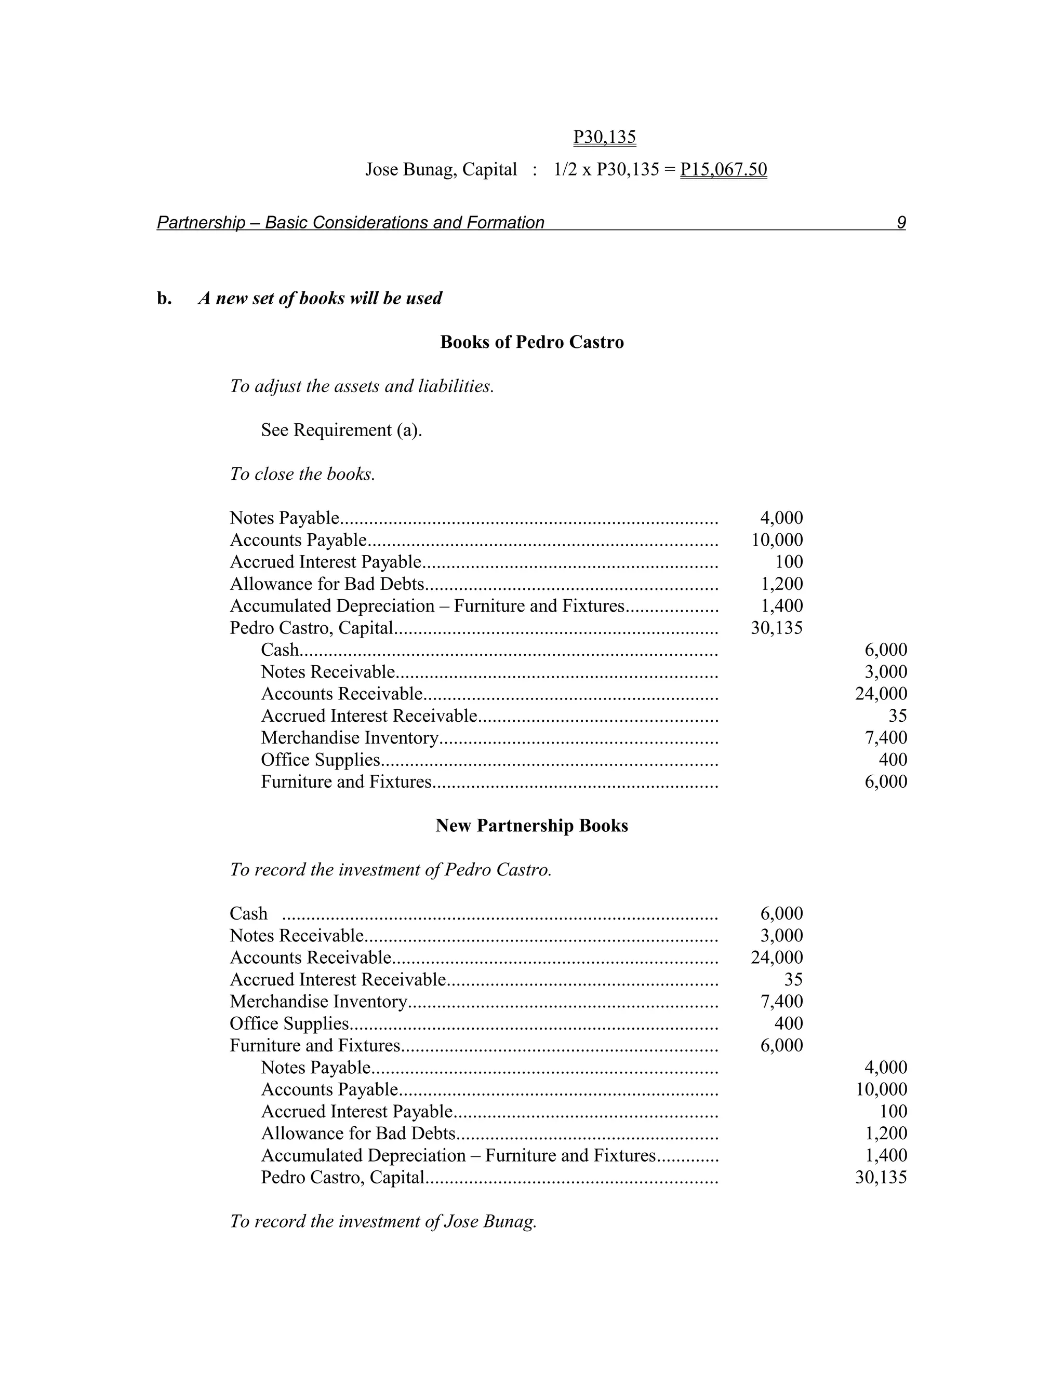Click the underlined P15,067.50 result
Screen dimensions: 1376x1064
[x=723, y=169]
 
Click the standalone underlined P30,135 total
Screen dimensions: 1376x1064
[x=605, y=137]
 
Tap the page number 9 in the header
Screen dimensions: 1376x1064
[x=901, y=222]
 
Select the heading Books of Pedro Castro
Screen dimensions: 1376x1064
[x=531, y=342]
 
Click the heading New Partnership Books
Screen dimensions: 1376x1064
[x=531, y=826]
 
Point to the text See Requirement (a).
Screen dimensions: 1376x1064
[x=341, y=430]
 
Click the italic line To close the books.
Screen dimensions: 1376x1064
[x=302, y=474]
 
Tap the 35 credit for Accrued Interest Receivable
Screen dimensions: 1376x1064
[x=897, y=716]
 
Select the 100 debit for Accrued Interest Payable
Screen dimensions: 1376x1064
[x=789, y=562]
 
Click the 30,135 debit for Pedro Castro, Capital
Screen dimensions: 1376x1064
[x=777, y=628]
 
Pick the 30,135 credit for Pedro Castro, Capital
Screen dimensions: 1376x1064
[x=881, y=1177]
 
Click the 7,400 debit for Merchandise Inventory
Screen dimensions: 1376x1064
[x=781, y=1001]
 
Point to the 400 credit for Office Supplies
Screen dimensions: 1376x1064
[x=893, y=760]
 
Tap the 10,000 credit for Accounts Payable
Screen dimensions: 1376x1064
[x=881, y=1089]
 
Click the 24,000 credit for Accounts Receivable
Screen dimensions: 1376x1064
[x=881, y=694]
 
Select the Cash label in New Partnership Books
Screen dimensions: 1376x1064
[x=248, y=913]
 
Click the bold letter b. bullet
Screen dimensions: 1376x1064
[x=164, y=298]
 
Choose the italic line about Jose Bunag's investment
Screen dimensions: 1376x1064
[x=382, y=1221]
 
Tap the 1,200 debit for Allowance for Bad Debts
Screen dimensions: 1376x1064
[x=781, y=584]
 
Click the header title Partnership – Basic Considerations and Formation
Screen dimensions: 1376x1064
[x=351, y=222]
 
